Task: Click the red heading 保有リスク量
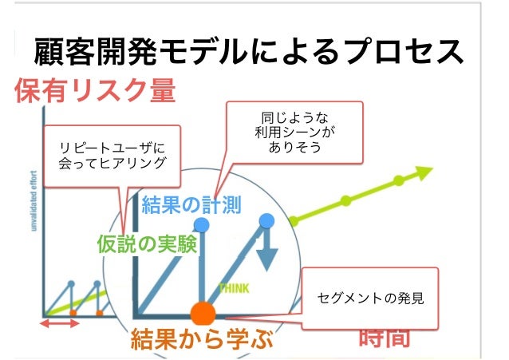point(94,92)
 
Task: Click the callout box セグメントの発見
point(370,299)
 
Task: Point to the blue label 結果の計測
point(191,205)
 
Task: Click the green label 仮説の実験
point(147,244)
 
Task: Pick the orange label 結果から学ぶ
point(202,338)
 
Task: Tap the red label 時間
point(385,338)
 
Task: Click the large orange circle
point(203,313)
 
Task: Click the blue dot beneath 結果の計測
point(202,226)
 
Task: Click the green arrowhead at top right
point(423,171)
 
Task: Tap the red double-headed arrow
point(61,323)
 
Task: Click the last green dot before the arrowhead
point(394,180)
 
